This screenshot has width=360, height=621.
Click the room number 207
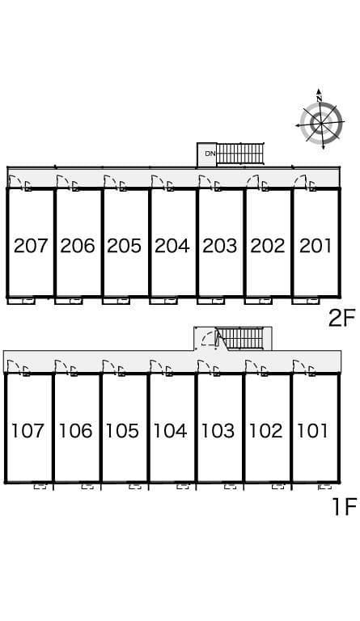tap(31, 246)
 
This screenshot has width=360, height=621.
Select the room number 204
tap(172, 246)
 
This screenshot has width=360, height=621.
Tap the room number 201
tap(315, 246)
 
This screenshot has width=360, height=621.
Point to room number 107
tap(27, 430)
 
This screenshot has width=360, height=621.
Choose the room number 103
tap(218, 430)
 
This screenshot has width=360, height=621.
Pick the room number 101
tap(312, 430)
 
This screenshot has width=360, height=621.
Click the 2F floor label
tap(341, 319)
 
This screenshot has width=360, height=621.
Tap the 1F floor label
tap(345, 506)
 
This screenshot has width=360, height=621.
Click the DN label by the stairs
tap(210, 154)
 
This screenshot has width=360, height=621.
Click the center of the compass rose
tap(321, 122)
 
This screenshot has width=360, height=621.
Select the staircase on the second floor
tap(239, 154)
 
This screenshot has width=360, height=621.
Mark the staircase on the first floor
tap(241, 339)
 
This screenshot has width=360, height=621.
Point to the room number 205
tap(124, 246)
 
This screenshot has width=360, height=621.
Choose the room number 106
tap(75, 430)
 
